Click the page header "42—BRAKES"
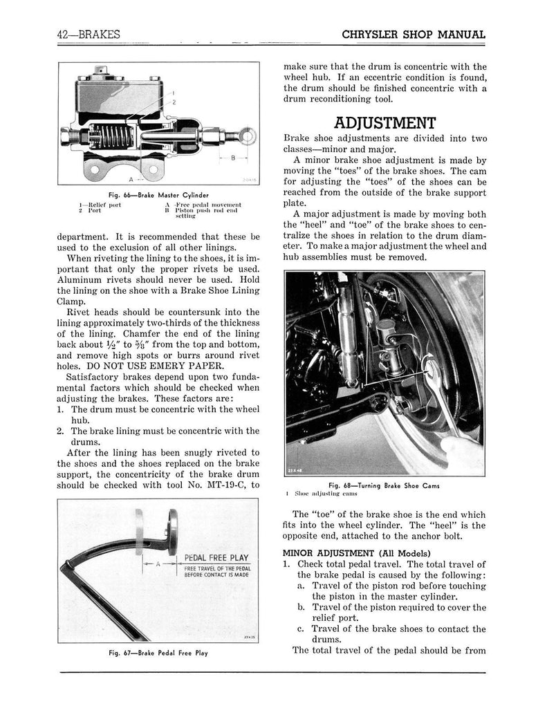pos(91,35)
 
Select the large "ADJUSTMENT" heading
pos(384,123)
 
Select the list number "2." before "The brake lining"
pos(62,431)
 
